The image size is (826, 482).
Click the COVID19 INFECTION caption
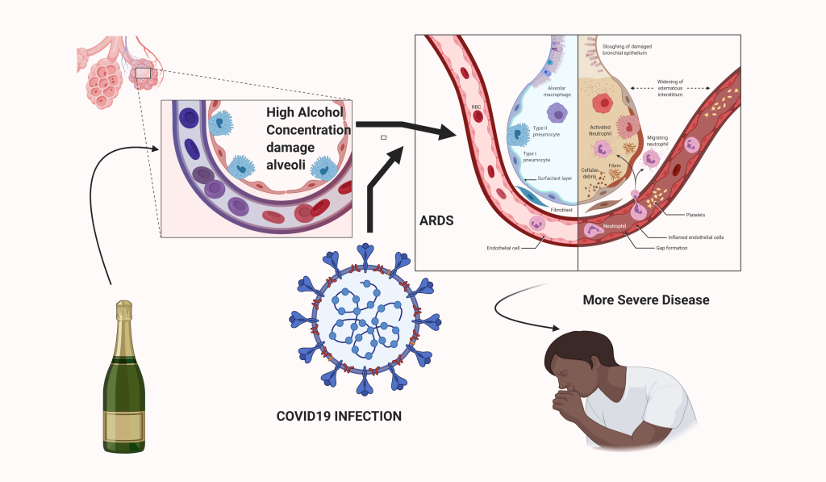point(339,417)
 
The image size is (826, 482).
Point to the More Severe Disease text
point(646,300)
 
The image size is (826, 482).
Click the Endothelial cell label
point(503,248)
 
